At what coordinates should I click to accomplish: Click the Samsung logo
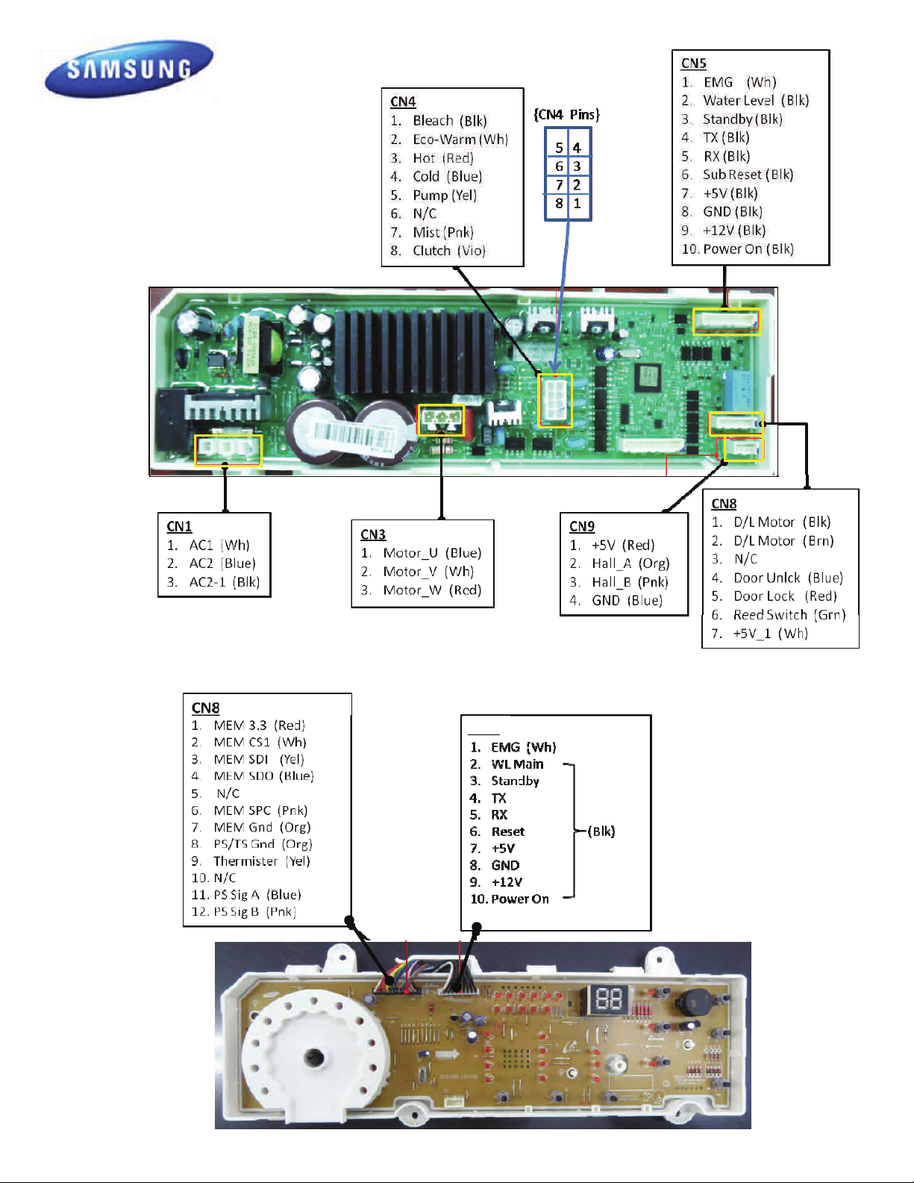click(129, 69)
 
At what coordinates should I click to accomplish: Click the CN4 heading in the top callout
click(403, 102)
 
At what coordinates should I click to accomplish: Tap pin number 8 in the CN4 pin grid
click(559, 204)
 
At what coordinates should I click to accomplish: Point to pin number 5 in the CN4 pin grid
click(559, 148)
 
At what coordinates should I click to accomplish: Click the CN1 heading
click(179, 526)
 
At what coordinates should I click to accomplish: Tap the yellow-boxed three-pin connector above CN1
click(228, 450)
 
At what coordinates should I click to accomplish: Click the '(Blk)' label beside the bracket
click(601, 831)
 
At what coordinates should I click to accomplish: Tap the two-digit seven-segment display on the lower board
click(606, 999)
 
